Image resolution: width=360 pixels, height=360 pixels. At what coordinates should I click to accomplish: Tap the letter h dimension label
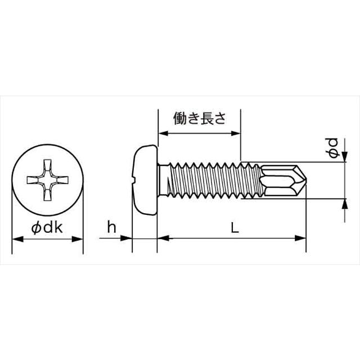(x=111, y=227)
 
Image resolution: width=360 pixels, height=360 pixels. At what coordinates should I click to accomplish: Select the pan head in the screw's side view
(x=145, y=179)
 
